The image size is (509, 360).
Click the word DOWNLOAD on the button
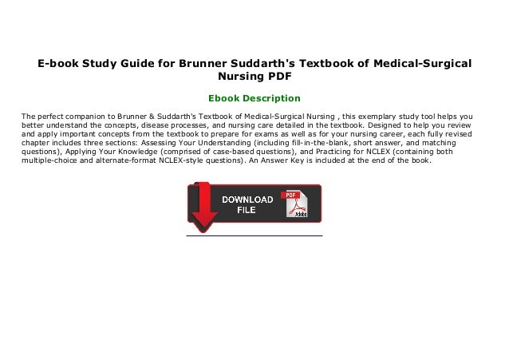[x=247, y=199]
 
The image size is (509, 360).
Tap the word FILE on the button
[x=247, y=211]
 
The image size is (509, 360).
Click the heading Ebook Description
[x=254, y=99]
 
